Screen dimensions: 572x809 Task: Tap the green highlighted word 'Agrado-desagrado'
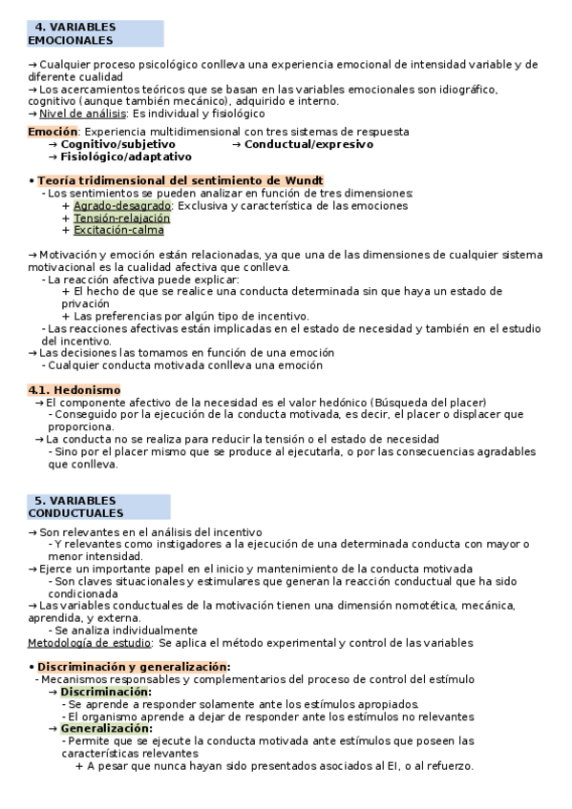(122, 205)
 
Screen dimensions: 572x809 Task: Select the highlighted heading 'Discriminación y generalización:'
(134, 666)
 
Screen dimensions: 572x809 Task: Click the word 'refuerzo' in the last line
(448, 765)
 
